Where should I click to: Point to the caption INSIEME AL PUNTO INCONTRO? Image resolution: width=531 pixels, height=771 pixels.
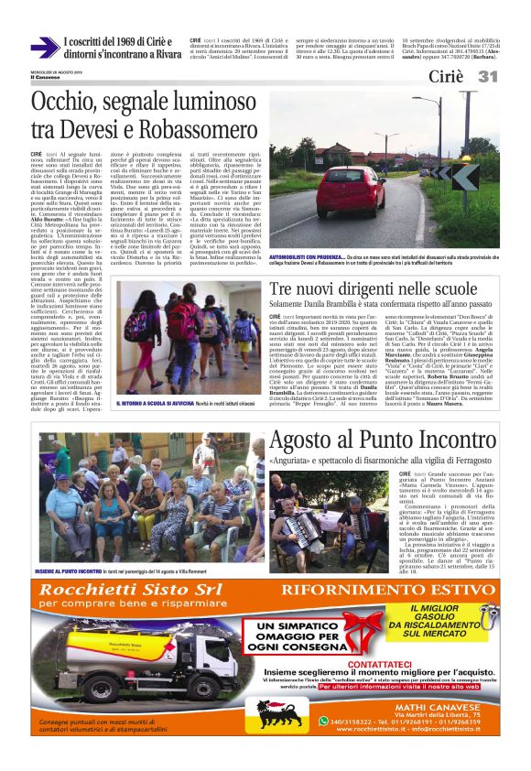click(x=79, y=570)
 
